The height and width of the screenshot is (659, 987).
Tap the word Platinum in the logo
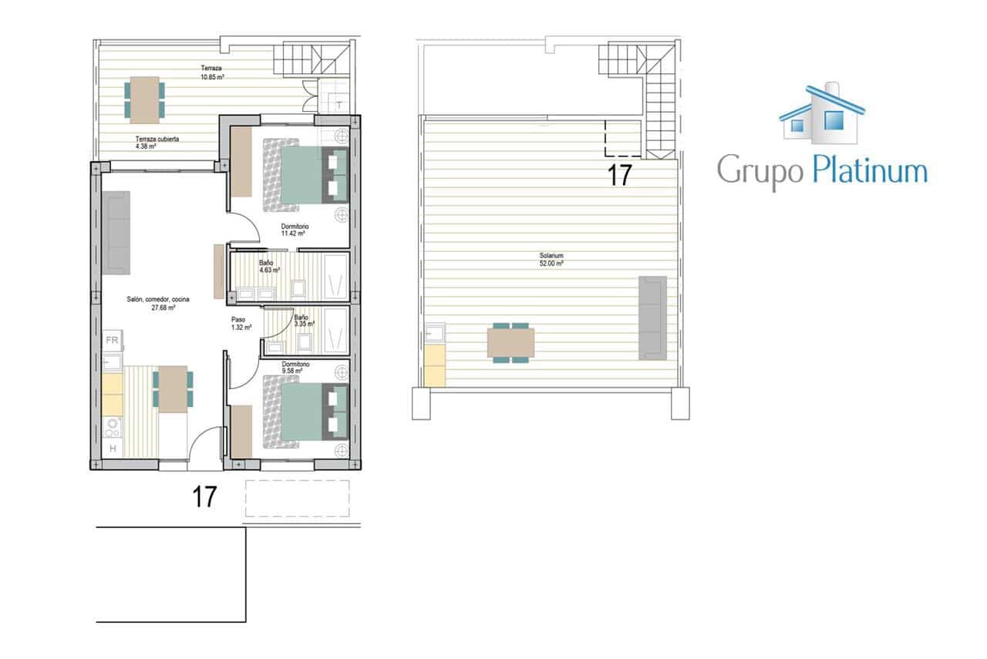pyautogui.click(x=869, y=170)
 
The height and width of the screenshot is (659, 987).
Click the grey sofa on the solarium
pyautogui.click(x=652, y=317)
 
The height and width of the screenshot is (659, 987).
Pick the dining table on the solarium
pyautogui.click(x=510, y=343)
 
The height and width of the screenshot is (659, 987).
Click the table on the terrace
pyautogui.click(x=144, y=99)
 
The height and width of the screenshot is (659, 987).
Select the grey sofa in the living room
pyautogui.click(x=116, y=232)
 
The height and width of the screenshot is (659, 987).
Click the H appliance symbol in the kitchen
pyautogui.click(x=113, y=449)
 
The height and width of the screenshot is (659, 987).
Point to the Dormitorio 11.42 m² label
pyautogui.click(x=293, y=230)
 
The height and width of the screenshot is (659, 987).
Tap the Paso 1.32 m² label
pyautogui.click(x=241, y=323)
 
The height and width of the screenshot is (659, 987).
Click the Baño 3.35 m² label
pyautogui.click(x=304, y=321)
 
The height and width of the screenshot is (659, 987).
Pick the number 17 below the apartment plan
pyautogui.click(x=204, y=497)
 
